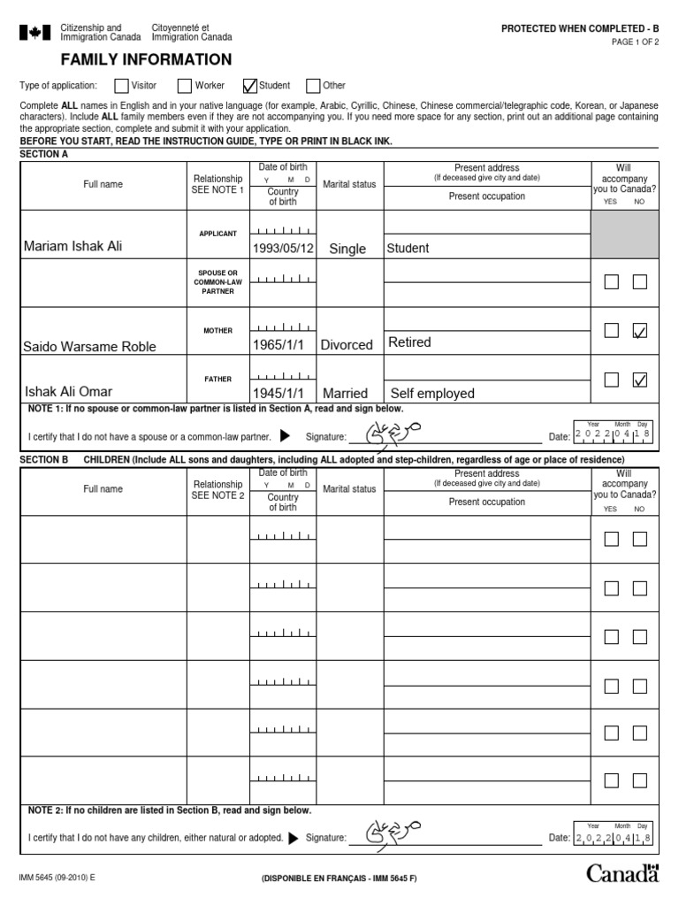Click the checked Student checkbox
(250, 86)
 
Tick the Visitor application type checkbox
(121, 86)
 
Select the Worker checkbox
(185, 86)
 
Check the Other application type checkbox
(313, 86)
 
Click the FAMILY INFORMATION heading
(146, 60)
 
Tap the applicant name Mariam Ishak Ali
(72, 247)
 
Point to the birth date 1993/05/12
(283, 249)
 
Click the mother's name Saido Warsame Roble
(88, 346)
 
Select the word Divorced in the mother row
(347, 345)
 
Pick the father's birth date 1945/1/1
(278, 393)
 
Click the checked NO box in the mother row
(640, 331)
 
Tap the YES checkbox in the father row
(612, 380)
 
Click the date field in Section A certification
(613, 434)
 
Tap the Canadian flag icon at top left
(35, 34)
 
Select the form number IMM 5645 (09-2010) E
(57, 878)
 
